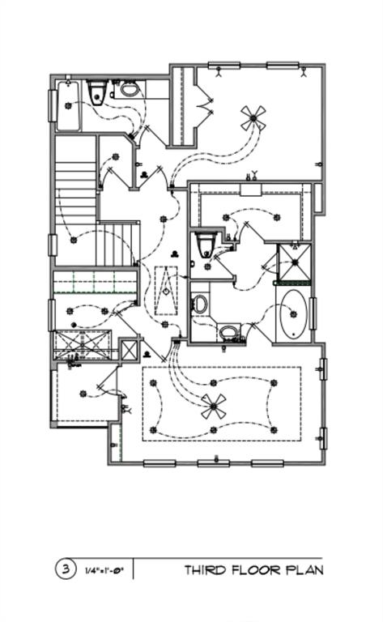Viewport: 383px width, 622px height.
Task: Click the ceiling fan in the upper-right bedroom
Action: tap(253, 117)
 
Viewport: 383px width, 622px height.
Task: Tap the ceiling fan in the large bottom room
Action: tap(213, 407)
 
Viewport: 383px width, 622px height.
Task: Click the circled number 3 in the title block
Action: tap(65, 569)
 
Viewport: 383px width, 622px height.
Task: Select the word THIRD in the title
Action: tap(205, 570)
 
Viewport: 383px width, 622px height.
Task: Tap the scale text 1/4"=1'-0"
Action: tap(104, 571)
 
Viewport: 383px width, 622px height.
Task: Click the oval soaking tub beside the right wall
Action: tap(293, 314)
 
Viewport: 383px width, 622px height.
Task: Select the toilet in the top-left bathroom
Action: tap(97, 92)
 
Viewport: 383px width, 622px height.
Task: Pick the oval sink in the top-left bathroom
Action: tap(129, 89)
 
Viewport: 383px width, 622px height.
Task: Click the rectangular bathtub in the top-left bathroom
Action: tap(69, 105)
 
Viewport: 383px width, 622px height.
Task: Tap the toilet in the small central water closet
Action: tap(206, 244)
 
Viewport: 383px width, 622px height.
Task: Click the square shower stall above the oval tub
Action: tap(295, 262)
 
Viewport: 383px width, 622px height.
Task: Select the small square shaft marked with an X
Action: tap(129, 350)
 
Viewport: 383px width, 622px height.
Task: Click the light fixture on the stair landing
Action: tap(74, 240)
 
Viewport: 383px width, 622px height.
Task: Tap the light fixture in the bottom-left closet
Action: tap(83, 394)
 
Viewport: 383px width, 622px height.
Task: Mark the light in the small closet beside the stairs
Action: tap(116, 156)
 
